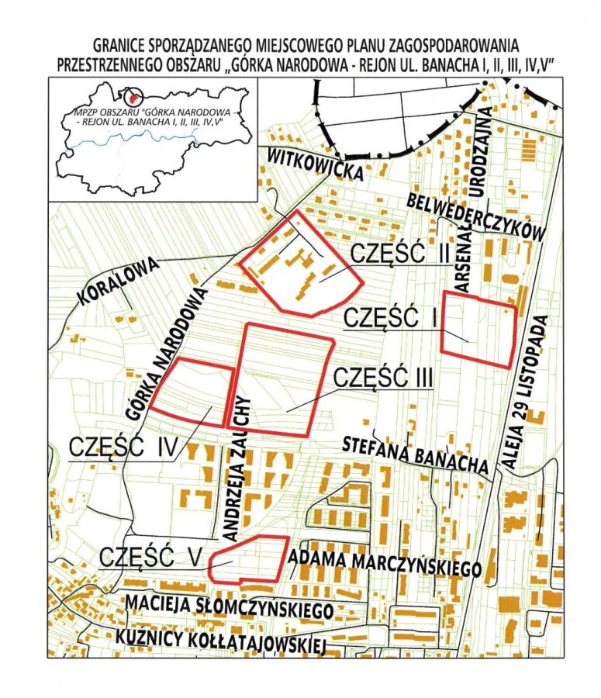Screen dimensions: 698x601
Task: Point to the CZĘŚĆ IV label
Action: tap(124, 447)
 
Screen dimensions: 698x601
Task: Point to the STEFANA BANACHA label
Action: tap(416, 454)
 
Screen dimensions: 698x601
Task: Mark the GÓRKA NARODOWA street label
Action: tap(168, 354)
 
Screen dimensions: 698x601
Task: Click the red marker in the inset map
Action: tap(136, 98)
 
